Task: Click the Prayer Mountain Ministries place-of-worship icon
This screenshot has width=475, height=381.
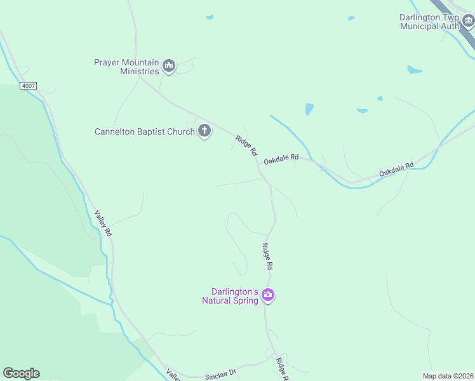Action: (169, 65)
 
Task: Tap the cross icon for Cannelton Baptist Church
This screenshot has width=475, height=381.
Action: (204, 131)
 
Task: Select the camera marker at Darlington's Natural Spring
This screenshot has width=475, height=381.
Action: (268, 295)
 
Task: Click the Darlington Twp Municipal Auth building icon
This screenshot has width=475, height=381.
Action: (469, 22)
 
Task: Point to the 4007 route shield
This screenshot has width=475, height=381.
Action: (28, 85)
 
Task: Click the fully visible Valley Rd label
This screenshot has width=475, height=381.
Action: (104, 224)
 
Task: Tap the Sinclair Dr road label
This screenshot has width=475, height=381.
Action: (220, 375)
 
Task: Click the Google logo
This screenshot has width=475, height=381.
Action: (21, 373)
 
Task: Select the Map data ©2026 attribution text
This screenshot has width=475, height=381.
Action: (447, 376)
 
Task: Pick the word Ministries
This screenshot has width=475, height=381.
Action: (139, 71)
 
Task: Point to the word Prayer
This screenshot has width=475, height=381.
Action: (107, 62)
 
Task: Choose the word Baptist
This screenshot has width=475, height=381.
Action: (154, 132)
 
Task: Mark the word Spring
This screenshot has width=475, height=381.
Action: (246, 300)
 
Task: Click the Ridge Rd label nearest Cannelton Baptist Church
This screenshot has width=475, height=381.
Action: (246, 146)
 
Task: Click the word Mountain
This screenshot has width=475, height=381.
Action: (140, 62)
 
